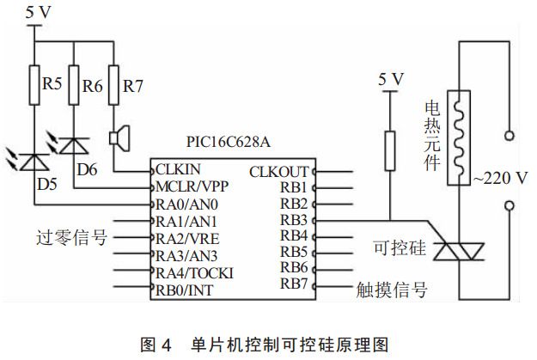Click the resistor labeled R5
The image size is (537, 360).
coord(34,86)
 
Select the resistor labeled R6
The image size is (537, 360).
coord(74,86)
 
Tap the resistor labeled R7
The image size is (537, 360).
coord(113,86)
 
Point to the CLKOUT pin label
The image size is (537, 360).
coord(278,172)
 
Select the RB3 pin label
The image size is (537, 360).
coord(293,220)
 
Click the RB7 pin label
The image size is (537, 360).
coord(293,284)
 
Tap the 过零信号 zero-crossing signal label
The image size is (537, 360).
coord(73,238)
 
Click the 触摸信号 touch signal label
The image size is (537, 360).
coord(391,290)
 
